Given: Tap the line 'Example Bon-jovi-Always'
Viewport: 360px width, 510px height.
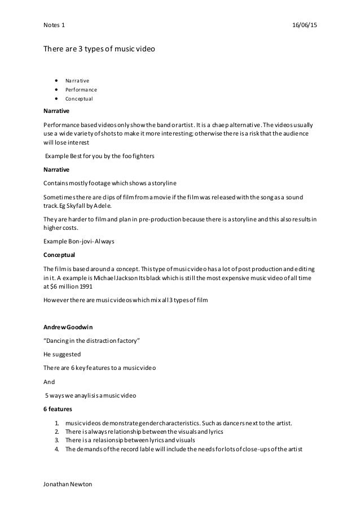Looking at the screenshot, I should tap(79, 241).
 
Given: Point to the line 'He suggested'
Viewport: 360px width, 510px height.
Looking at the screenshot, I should tap(62, 354).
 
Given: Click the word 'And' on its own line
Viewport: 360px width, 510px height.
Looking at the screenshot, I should tap(49, 381).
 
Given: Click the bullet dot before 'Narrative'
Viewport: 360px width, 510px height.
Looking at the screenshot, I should tap(57, 80).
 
